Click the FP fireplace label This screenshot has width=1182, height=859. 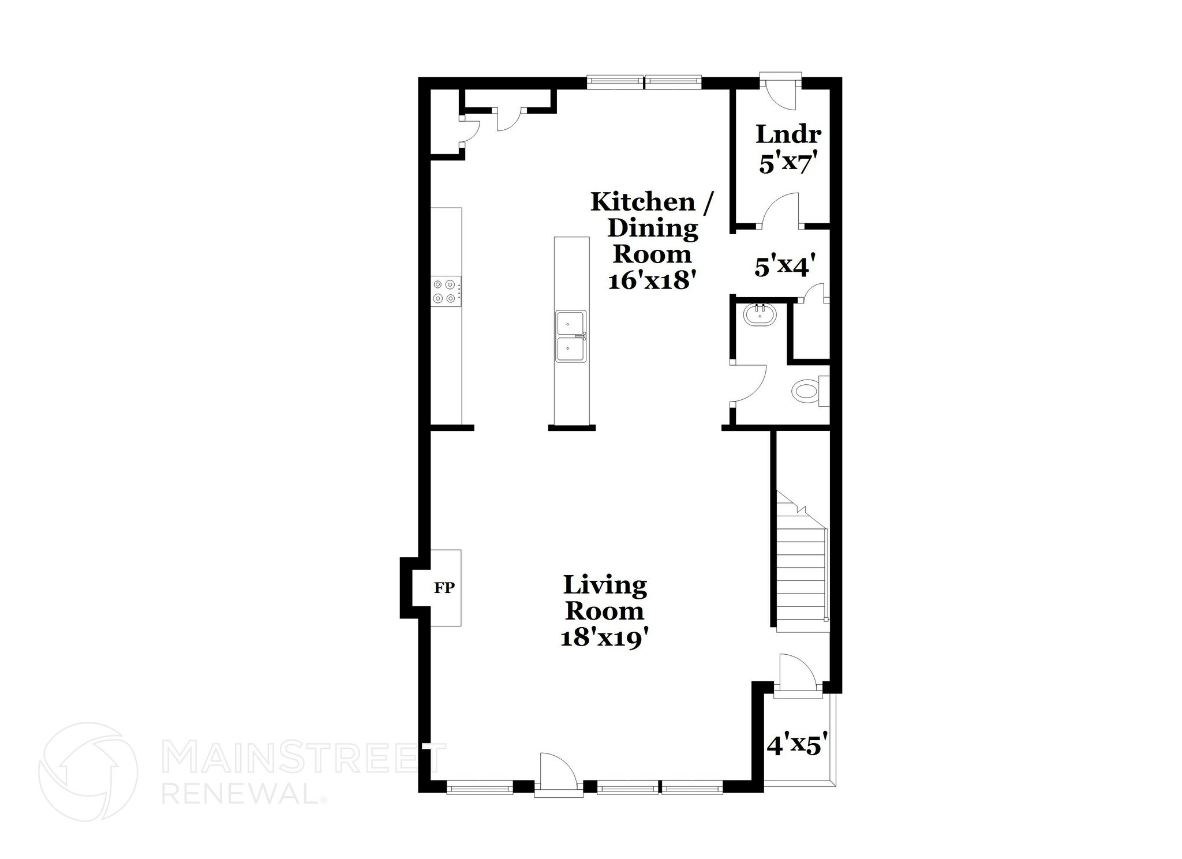(x=444, y=588)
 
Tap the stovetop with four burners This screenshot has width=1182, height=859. (x=446, y=291)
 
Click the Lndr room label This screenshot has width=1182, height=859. (x=788, y=134)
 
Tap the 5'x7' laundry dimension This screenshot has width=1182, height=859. (x=788, y=164)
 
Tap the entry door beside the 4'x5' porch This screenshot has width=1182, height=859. (x=796, y=672)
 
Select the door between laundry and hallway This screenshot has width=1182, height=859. (x=782, y=211)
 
